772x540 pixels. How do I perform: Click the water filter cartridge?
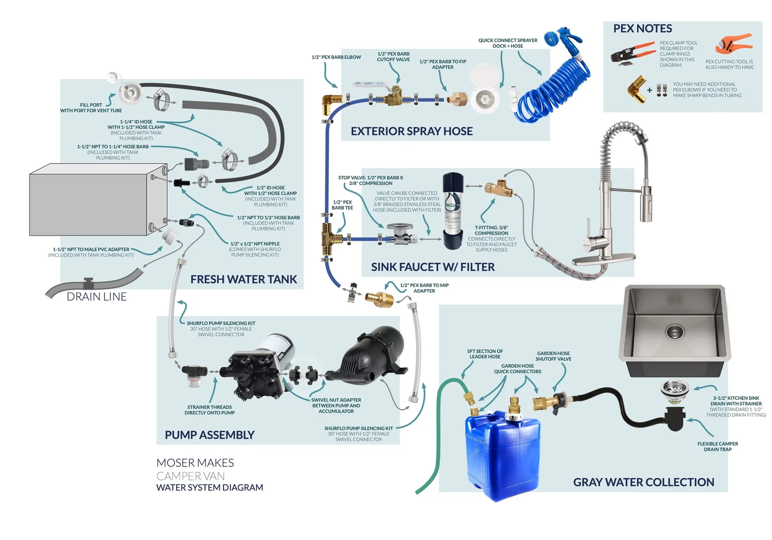[x=453, y=211]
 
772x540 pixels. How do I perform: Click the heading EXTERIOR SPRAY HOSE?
[x=411, y=131]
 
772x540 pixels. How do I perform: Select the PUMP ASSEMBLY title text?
[x=209, y=435]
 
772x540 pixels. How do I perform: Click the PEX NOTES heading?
[x=642, y=29]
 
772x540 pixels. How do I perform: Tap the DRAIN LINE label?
[x=97, y=297]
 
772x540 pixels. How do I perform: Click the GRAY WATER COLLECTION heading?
[x=643, y=482]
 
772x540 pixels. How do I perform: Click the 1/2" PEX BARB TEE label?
[x=342, y=205]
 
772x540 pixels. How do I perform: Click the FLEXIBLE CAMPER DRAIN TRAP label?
[x=717, y=446]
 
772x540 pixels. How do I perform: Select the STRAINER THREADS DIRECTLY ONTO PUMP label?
[x=209, y=410]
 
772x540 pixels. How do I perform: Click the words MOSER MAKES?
[x=195, y=463]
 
